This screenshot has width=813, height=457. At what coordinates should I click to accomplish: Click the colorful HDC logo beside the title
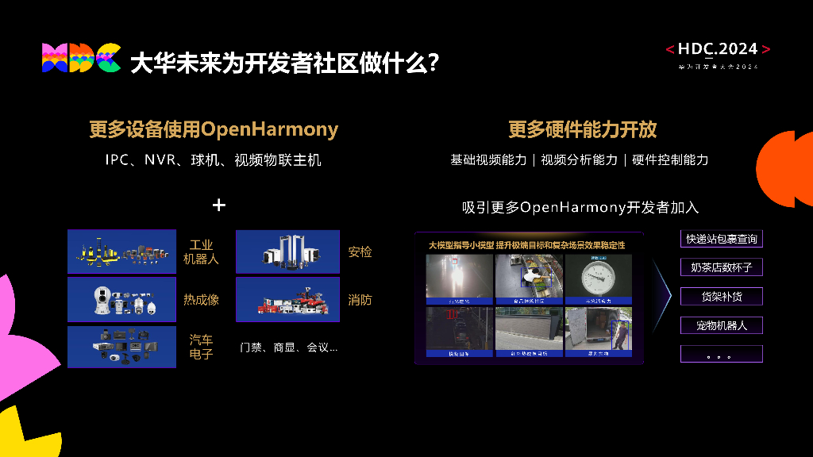point(81,58)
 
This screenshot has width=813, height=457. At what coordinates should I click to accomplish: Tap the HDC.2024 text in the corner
point(718,49)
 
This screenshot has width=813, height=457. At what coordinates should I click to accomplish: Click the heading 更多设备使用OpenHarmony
point(214,129)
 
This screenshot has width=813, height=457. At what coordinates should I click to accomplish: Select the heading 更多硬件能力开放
point(583,129)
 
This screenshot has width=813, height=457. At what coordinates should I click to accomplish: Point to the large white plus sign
point(219,205)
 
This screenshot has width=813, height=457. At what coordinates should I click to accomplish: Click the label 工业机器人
point(201,252)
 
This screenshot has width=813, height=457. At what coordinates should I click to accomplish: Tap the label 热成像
point(201,299)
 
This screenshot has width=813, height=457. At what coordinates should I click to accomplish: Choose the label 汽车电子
point(201,347)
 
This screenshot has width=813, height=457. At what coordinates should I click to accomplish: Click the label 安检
point(360,252)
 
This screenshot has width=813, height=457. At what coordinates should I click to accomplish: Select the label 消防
point(360,300)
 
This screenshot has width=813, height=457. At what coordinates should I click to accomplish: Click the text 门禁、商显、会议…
point(288,348)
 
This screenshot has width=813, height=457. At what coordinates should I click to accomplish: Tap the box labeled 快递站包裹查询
point(721,239)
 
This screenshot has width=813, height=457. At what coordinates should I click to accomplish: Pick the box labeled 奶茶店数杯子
point(721,267)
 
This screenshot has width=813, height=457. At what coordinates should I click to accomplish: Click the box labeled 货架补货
point(721,297)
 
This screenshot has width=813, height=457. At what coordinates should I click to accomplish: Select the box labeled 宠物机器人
point(721,325)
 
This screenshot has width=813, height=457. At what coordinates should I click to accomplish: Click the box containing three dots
point(721,354)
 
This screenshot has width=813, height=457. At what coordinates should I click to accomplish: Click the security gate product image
point(287,252)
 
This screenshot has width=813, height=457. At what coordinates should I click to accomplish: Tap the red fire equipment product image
point(287,300)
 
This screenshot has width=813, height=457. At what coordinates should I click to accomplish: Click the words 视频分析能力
point(579,159)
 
